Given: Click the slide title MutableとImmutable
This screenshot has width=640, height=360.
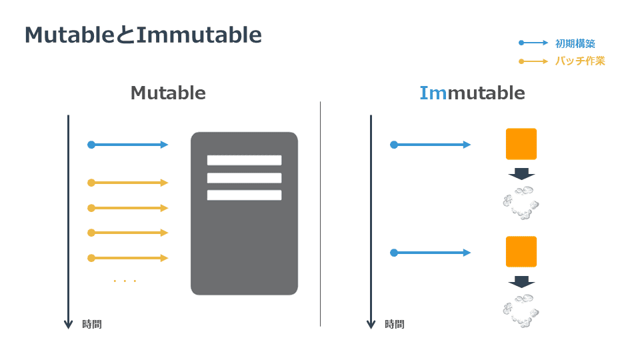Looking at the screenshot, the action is (x=143, y=35).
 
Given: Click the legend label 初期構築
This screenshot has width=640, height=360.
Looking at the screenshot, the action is (x=575, y=43).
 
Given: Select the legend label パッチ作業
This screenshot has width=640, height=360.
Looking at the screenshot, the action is (x=580, y=61).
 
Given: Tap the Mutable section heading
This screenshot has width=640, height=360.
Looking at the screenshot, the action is (x=168, y=93).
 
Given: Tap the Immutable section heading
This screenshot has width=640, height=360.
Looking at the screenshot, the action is (x=472, y=93).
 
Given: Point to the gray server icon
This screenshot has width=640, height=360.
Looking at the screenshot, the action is (x=244, y=213).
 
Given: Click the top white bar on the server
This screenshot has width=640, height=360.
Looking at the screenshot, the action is (x=244, y=160).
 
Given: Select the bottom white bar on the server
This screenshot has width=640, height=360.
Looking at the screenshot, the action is (x=244, y=195).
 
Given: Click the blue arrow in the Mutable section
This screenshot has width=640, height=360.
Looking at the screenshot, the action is (x=128, y=145).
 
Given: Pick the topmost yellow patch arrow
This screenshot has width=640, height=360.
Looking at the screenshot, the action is (x=128, y=183).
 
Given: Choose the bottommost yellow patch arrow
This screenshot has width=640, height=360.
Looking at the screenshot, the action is (x=128, y=258).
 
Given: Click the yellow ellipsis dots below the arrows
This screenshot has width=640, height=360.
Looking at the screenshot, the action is (x=125, y=281).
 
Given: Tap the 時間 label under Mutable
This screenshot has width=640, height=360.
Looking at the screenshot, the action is (x=92, y=324).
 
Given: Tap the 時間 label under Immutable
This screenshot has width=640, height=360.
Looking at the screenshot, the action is (x=395, y=324).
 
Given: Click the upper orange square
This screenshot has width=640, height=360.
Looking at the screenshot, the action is (x=521, y=144).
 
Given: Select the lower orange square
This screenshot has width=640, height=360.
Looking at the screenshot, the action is (x=521, y=252).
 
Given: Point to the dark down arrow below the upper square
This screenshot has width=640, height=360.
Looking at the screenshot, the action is (x=521, y=174).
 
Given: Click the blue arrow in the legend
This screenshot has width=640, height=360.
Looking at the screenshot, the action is (x=533, y=43).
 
